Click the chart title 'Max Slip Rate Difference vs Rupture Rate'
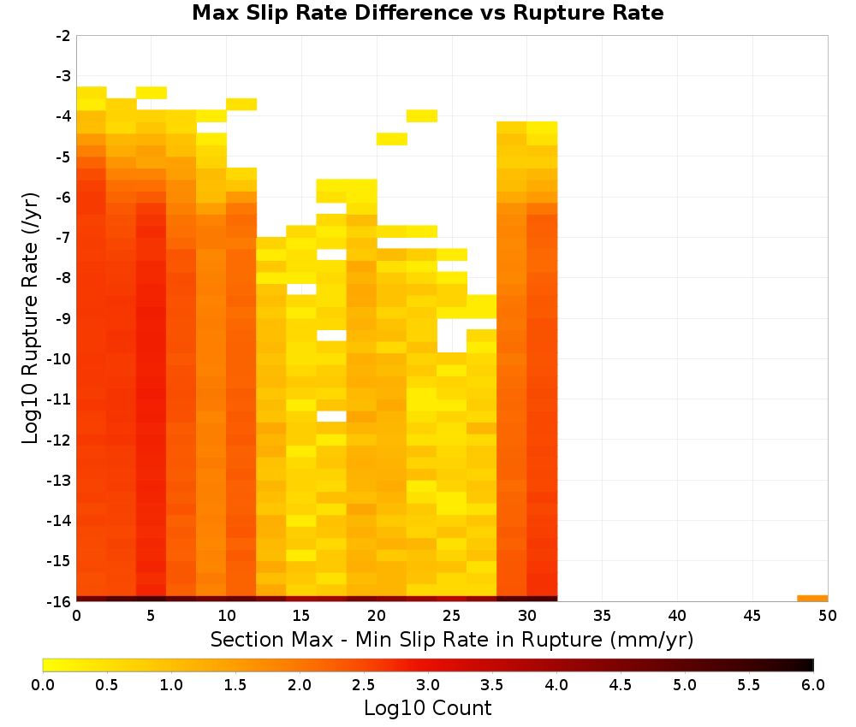point(427,13)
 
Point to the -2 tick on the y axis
point(63,36)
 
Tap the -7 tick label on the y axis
point(63,238)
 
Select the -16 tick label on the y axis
point(59,601)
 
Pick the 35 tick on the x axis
point(602,616)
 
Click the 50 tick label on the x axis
point(828,616)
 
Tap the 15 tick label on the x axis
point(301,616)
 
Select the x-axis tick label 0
point(76,616)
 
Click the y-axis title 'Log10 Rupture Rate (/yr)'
point(31,318)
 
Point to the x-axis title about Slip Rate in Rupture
point(452,639)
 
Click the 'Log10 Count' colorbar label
point(427,708)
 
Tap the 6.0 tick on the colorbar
point(813,684)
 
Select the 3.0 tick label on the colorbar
point(428,684)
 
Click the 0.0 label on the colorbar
point(43,684)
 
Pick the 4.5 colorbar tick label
point(621,684)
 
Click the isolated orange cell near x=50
point(812,599)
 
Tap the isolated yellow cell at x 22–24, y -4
point(422,115)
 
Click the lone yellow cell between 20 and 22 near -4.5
point(392,139)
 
